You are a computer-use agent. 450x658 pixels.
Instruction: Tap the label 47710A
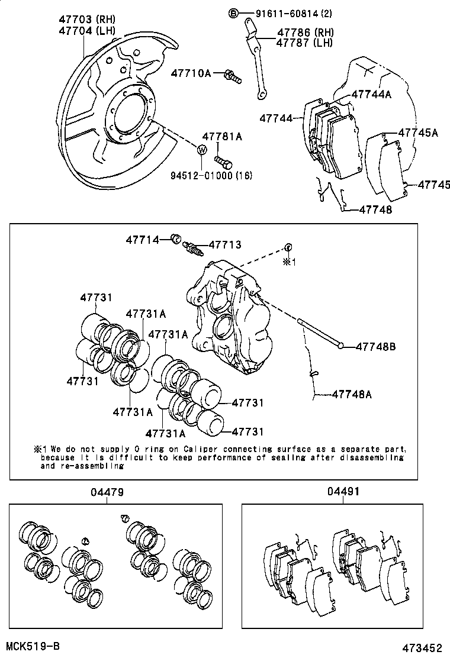click(x=191, y=73)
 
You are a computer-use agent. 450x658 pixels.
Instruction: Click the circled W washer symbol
click(x=201, y=150)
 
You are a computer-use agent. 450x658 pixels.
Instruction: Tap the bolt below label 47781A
click(x=223, y=160)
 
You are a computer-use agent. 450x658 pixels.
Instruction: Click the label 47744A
click(x=371, y=93)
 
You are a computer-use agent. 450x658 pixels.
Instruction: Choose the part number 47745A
click(x=417, y=133)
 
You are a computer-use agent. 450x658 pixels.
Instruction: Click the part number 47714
click(x=142, y=240)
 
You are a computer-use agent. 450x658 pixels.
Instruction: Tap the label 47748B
click(x=375, y=347)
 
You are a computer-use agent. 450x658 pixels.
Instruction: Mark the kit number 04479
click(x=107, y=492)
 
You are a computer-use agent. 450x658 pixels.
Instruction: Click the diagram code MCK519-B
click(x=33, y=646)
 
